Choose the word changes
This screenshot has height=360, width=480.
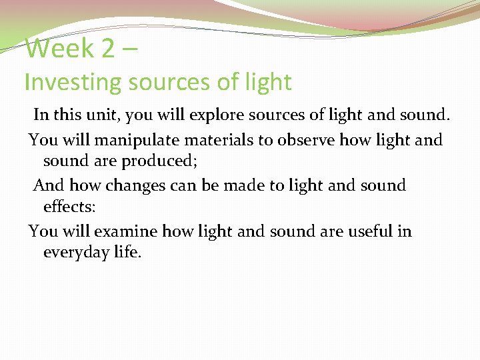click(136, 185)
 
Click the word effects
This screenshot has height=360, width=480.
click(69, 206)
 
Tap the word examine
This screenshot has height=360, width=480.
click(126, 231)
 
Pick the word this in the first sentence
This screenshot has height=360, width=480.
click(66, 115)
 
